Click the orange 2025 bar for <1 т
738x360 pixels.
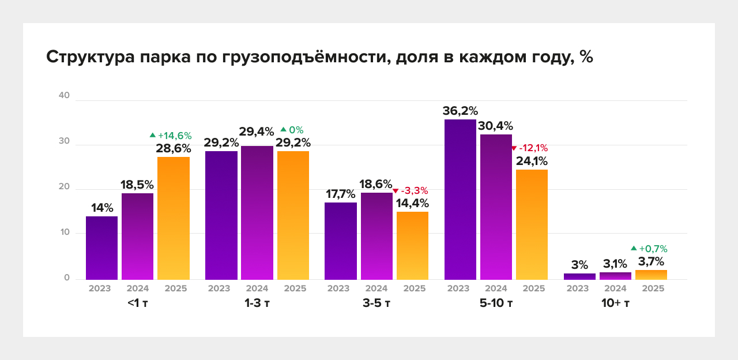click(174, 218)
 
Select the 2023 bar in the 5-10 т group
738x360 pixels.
click(460, 200)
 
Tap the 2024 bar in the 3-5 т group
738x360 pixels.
click(376, 236)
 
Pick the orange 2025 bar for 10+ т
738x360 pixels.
click(651, 275)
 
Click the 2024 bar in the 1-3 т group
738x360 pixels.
click(257, 212)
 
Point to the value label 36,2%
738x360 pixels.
click(460, 111)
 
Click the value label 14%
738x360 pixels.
click(101, 208)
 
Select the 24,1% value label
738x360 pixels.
click(532, 161)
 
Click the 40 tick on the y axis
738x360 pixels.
click(64, 96)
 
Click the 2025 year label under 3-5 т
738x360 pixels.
click(415, 288)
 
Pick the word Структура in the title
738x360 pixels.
click(91, 58)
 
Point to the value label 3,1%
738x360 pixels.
click(615, 264)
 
